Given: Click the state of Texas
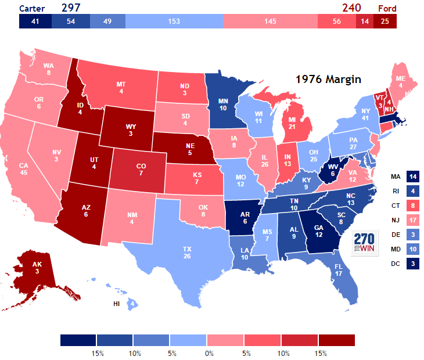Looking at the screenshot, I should pos(186,252).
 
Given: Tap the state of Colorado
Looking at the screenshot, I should pos(140,170).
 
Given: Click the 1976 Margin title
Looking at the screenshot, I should pos(328,78).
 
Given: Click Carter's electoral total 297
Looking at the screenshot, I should pos(71,8).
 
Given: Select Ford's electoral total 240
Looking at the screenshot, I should pos(351,8).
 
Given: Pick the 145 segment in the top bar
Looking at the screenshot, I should pos(270,21).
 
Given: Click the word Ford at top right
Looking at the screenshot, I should pos(388,8).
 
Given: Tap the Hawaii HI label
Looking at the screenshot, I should pos(117,304).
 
